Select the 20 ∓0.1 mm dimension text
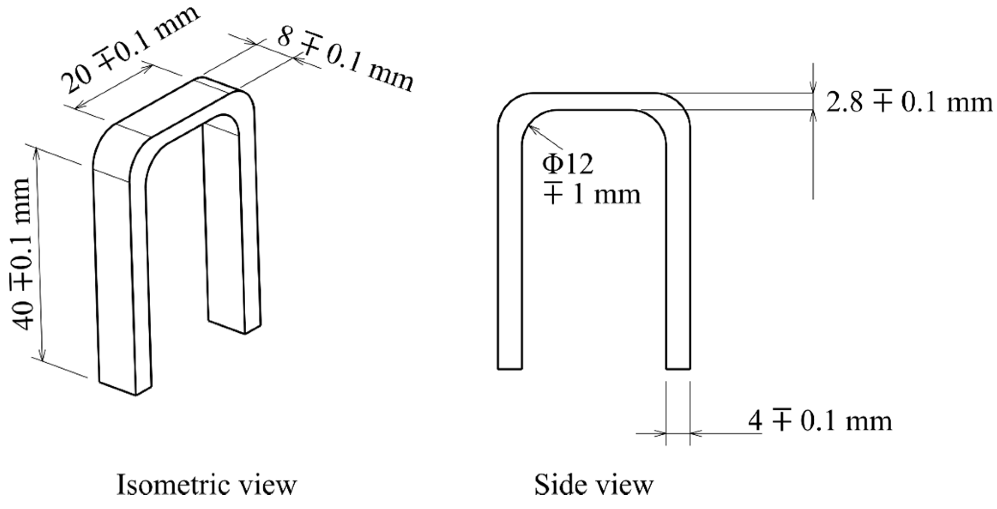coord(129,47)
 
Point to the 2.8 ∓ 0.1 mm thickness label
coord(909,103)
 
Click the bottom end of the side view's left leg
coord(509,367)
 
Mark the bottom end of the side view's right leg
coord(678,367)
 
